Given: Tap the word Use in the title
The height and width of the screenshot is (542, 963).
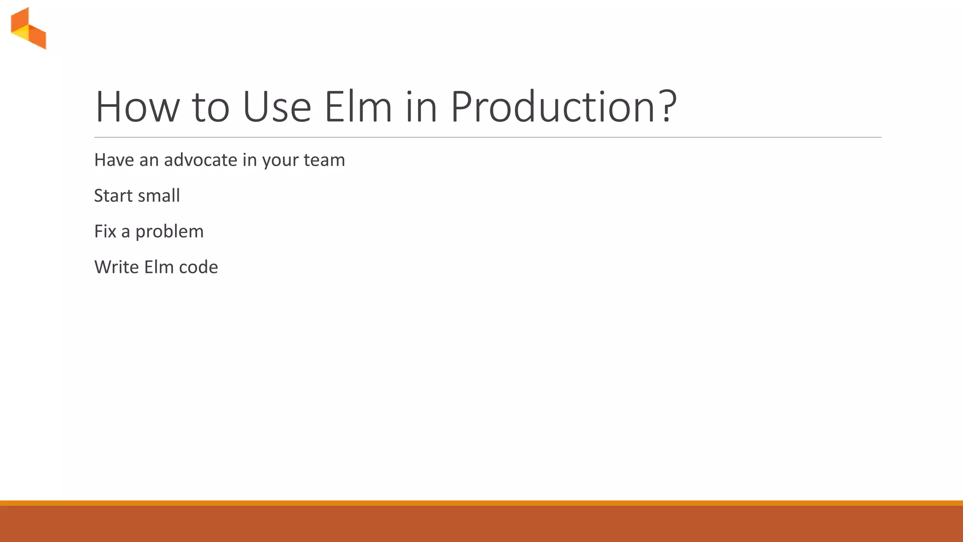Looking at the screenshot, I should [x=276, y=107].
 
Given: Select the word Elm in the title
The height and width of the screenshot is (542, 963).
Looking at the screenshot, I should [x=358, y=107].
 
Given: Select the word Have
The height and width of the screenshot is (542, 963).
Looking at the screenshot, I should [x=114, y=160].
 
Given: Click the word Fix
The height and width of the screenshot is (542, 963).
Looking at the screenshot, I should [x=105, y=231].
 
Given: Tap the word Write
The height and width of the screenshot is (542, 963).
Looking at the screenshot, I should [x=116, y=267].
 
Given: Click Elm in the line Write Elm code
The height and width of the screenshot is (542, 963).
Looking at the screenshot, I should [x=158, y=267].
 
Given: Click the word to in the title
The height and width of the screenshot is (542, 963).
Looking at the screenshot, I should [x=211, y=107].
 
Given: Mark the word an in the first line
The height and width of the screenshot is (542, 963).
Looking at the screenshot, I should [x=149, y=160].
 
